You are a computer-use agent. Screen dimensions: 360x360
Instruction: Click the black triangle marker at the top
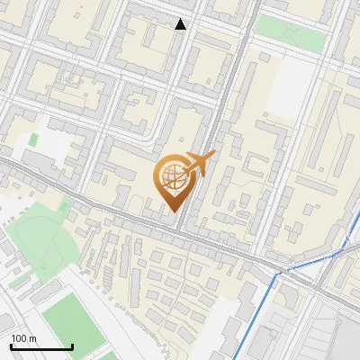point(181,24)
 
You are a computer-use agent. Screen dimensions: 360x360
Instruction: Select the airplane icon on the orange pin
point(200,164)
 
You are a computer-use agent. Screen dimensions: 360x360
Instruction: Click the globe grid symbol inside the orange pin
point(174,177)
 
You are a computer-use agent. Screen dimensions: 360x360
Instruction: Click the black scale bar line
point(41,347)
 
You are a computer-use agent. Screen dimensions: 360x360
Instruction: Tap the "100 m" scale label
point(23,338)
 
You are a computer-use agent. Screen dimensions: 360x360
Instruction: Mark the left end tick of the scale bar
point(11,346)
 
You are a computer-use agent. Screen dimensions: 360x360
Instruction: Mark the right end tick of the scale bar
point(72,346)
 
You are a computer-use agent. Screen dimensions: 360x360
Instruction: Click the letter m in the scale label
point(32,338)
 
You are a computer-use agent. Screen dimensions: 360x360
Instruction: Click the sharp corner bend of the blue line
point(278,272)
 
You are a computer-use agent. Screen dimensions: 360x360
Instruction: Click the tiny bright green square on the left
point(33,139)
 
